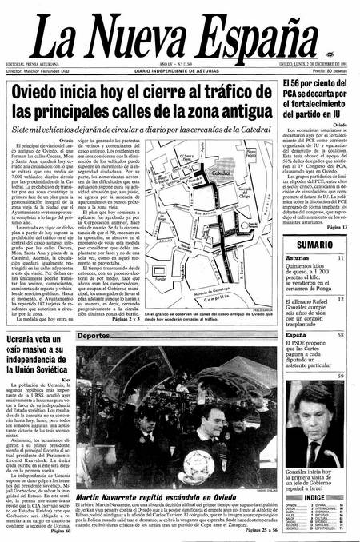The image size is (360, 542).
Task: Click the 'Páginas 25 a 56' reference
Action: [x=249, y=531]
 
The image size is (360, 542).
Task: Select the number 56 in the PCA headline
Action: [x=302, y=107]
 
